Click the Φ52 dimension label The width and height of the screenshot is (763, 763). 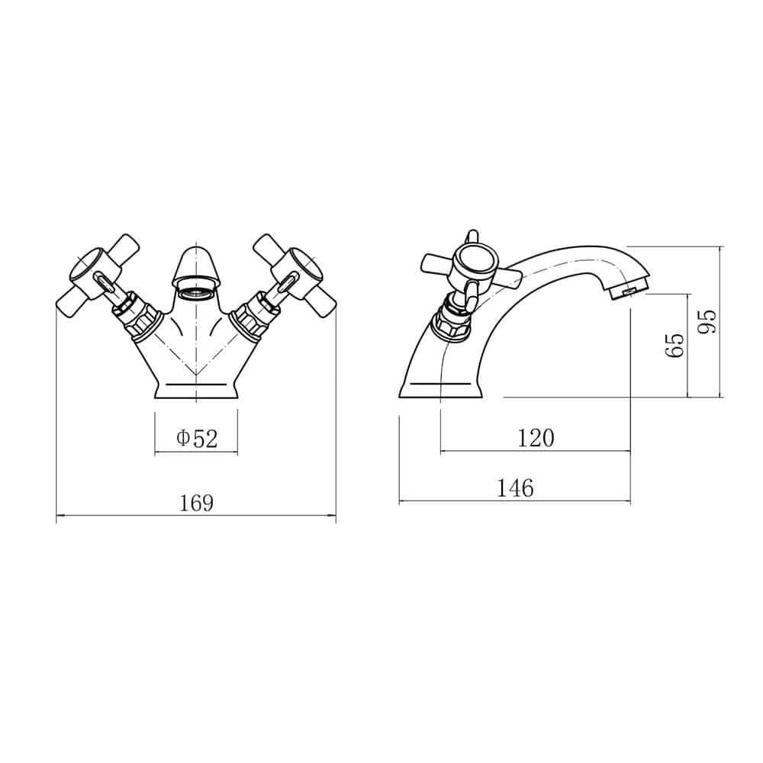tap(196, 438)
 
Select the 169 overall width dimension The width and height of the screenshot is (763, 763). tap(196, 504)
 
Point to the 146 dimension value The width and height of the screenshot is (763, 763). tap(515, 488)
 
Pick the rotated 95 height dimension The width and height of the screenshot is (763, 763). tap(707, 321)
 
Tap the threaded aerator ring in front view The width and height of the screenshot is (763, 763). tap(196, 292)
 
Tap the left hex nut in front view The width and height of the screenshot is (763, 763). tap(139, 320)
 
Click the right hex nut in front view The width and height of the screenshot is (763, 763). tap(253, 320)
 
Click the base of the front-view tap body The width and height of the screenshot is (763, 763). tap(196, 389)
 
